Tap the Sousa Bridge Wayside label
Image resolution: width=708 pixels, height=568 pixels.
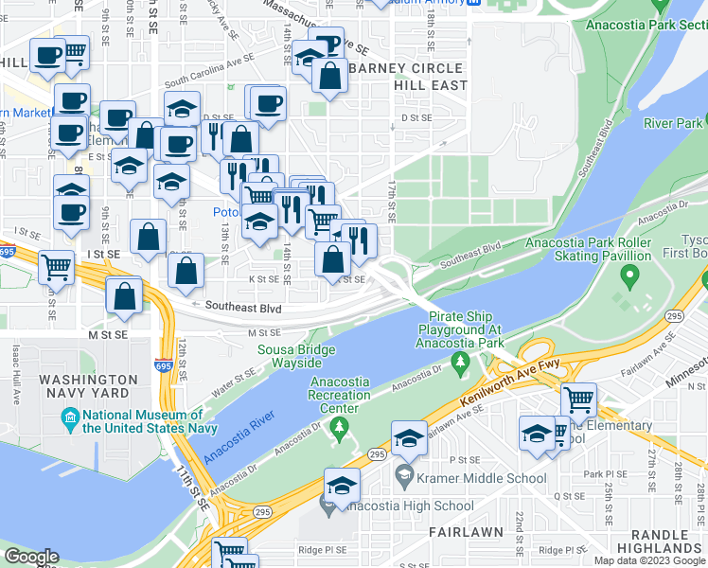click(296, 357)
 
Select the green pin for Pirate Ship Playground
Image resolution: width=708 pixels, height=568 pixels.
click(460, 361)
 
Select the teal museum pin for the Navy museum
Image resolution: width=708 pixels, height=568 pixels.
click(70, 417)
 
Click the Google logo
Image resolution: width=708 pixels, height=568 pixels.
click(31, 557)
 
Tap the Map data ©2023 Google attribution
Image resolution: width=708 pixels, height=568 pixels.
click(647, 560)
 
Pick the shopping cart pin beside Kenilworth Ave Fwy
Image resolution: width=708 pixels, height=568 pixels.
click(577, 399)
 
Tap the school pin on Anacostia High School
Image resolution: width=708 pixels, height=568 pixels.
click(342, 486)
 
